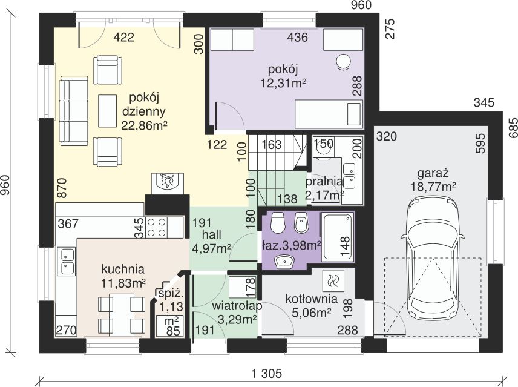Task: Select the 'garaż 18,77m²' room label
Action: point(433,180)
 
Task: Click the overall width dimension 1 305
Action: point(267,374)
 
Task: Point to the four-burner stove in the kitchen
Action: point(157,227)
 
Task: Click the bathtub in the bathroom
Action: point(338,237)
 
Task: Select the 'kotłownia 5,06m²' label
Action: point(311,305)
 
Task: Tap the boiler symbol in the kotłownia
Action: point(333,280)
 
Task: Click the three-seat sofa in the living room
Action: point(74,111)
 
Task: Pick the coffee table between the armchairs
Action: point(108,111)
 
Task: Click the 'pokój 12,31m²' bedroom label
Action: point(283,76)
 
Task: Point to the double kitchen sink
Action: point(67,262)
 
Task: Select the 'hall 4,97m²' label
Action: point(211,241)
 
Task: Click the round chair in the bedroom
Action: point(343,61)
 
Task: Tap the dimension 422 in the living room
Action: point(124,38)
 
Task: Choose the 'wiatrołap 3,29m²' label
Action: point(237,313)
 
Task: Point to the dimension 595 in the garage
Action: point(480,143)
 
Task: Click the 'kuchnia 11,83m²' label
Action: point(123,276)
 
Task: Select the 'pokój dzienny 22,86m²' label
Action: point(143,111)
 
